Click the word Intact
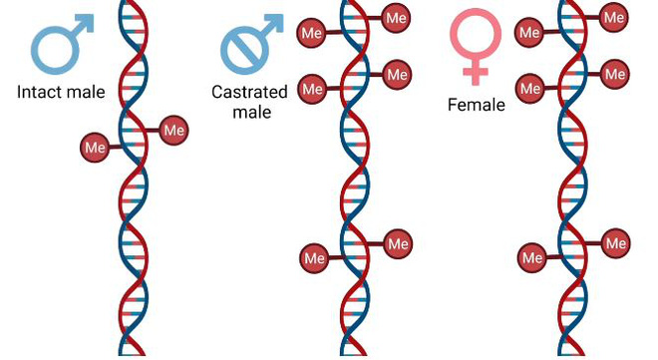click(x=39, y=92)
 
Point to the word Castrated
click(x=249, y=92)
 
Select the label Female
click(x=477, y=105)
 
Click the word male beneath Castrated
click(x=252, y=112)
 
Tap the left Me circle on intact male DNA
click(x=96, y=148)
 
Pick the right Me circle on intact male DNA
click(x=173, y=130)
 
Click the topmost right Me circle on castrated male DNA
click(x=396, y=18)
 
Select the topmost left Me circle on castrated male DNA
click(x=312, y=33)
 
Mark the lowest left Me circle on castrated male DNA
click(x=315, y=258)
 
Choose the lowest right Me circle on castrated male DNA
click(x=398, y=243)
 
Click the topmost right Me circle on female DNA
click(x=614, y=17)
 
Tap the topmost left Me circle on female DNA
click(x=529, y=32)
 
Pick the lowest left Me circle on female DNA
click(x=532, y=257)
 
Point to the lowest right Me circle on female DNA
click(x=615, y=243)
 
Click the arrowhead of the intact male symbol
click(x=86, y=22)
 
